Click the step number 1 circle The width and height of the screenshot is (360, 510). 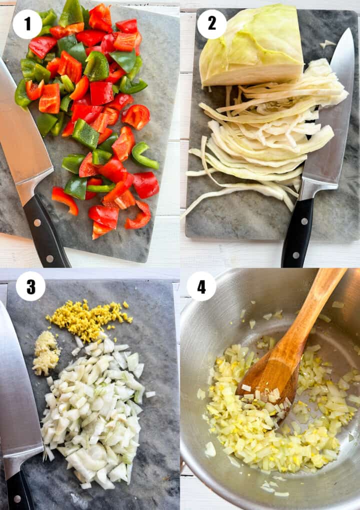[x=27, y=24]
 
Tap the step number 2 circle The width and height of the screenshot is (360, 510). [x=211, y=24]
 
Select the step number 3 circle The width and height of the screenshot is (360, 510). [x=30, y=286]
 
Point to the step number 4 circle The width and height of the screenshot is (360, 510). [x=201, y=286]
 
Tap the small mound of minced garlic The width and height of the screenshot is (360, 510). [x=46, y=352]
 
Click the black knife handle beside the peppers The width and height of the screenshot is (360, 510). [x=45, y=231]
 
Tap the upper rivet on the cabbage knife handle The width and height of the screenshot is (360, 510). [x=304, y=221]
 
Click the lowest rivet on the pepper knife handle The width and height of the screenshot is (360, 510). [x=49, y=258]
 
